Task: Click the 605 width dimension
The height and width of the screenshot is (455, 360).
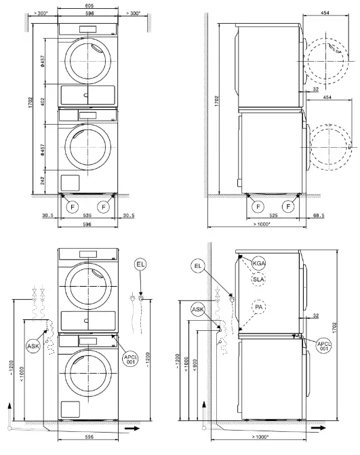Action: (x=85, y=5)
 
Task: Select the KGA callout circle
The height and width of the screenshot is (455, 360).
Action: (x=259, y=263)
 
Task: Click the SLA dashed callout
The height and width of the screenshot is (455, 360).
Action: (x=259, y=279)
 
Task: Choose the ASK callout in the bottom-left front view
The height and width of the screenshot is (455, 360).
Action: (x=33, y=346)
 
